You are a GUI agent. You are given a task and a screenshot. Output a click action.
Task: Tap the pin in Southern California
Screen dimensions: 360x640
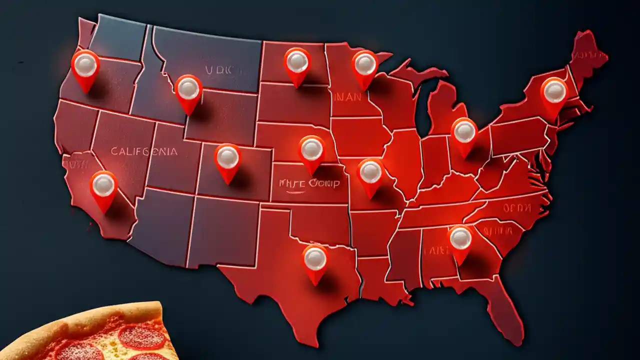[103, 186]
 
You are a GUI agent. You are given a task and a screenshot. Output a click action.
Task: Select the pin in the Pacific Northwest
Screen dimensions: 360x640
[85, 65]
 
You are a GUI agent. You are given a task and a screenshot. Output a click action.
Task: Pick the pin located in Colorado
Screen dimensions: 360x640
[227, 158]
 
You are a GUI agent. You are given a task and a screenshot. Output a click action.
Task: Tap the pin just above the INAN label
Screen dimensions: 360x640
[364, 64]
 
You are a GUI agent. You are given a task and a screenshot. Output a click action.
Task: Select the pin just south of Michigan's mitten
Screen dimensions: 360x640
[464, 132]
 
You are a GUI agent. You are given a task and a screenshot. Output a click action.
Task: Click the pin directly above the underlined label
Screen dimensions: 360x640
[311, 149]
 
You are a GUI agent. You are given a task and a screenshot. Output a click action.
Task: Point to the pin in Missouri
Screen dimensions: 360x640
[370, 172]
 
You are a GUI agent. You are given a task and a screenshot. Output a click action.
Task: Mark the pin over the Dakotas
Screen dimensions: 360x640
[297, 62]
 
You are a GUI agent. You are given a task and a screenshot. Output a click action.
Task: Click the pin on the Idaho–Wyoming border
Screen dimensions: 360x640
[188, 89]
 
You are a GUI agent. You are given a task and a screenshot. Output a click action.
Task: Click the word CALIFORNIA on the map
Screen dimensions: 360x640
[143, 151]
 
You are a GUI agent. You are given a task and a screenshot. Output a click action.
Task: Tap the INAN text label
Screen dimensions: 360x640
[347, 97]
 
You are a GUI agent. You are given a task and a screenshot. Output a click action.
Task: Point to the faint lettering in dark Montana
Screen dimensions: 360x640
[219, 70]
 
